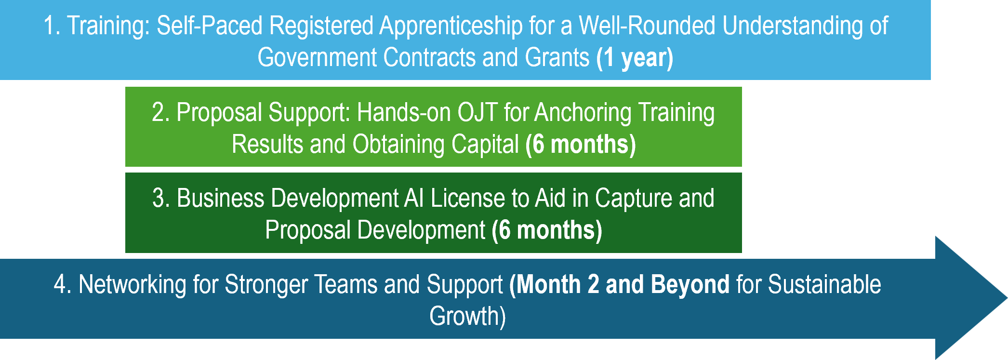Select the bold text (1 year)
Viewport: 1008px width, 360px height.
pyautogui.click(x=635, y=58)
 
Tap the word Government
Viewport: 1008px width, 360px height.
pyautogui.click(x=317, y=57)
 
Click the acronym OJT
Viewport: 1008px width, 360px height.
pyautogui.click(x=477, y=112)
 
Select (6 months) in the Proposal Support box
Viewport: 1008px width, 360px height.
pyautogui.click(x=581, y=145)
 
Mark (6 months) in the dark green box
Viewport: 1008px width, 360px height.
pyautogui.click(x=547, y=230)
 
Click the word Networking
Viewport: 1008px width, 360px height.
pyautogui.click(x=133, y=285)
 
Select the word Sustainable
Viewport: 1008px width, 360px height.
pyautogui.click(x=824, y=284)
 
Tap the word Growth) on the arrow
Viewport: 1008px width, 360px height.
pyautogui.click(x=468, y=317)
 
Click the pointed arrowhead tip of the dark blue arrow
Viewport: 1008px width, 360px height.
pyautogui.click(x=1007, y=298)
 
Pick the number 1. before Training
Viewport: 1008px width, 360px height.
pyautogui.click(x=52, y=26)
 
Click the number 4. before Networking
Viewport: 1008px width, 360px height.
pyautogui.click(x=63, y=284)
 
